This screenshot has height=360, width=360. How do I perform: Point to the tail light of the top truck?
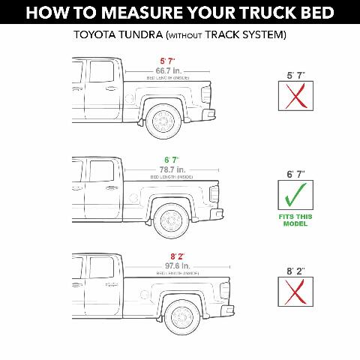[205, 90]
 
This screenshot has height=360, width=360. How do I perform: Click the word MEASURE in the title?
[143, 12]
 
